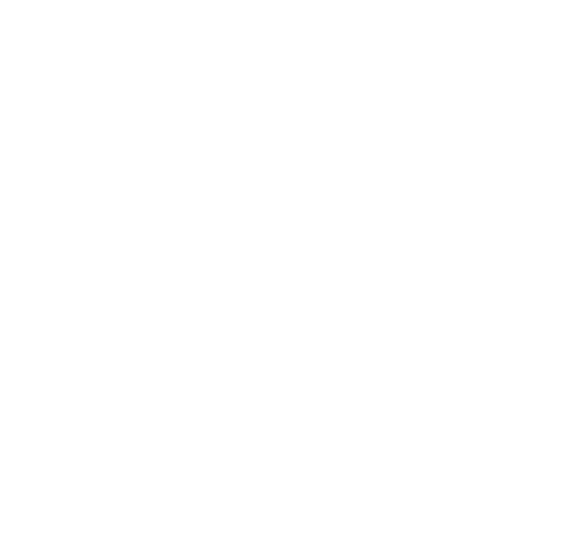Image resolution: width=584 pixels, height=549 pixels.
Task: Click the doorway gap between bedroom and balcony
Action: [x=467, y=354]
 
